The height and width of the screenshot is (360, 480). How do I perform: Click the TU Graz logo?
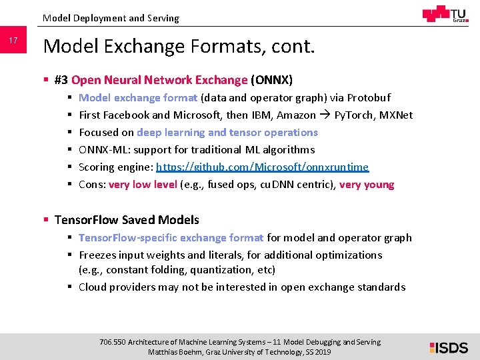coord(445,14)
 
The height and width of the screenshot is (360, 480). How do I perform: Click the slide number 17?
coord(13,41)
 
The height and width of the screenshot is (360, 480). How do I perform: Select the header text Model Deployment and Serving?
coord(111,18)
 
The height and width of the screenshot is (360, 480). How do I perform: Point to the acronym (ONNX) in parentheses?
coord(271,80)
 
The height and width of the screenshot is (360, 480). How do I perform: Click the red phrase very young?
coord(367,184)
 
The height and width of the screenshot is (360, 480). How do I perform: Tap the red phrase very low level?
coord(143,184)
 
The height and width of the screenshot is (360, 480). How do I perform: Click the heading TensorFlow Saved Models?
coord(127,219)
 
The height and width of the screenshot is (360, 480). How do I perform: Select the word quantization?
coord(224,269)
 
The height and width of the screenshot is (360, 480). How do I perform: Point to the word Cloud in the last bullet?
coord(93,287)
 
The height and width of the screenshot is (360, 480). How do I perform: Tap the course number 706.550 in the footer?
coord(112,342)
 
